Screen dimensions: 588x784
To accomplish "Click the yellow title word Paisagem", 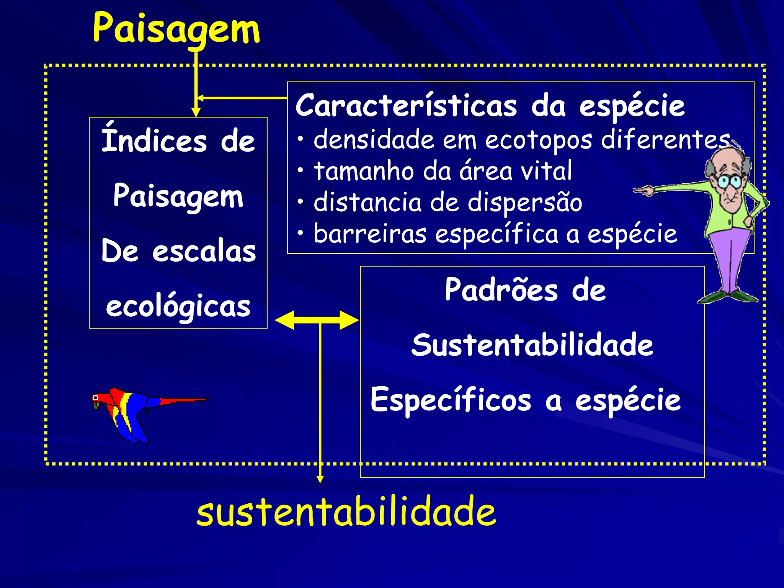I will (176, 29).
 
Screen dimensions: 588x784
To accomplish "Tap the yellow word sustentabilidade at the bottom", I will (346, 511).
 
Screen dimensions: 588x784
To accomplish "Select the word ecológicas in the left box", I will (178, 307).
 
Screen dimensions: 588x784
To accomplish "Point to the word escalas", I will (204, 252).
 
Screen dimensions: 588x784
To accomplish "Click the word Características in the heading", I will (406, 106).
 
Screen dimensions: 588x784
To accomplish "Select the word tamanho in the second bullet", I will (364, 171).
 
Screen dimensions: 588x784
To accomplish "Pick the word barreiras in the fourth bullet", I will (370, 234).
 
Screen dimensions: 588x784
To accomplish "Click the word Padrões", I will (501, 290).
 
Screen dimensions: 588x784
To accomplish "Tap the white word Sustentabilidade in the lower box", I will (532, 345).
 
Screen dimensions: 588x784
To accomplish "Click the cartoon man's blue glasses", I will (729, 181).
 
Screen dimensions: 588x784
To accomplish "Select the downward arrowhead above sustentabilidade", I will (320, 479).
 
